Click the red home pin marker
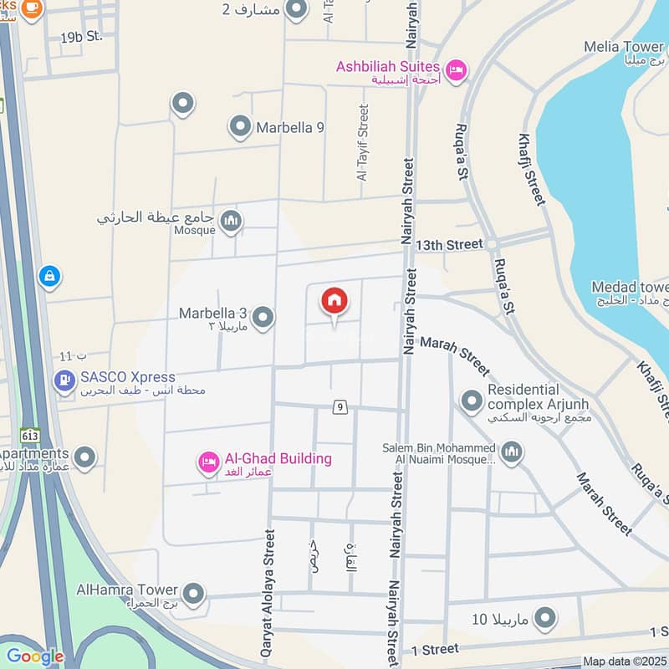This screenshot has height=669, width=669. tap(334, 301)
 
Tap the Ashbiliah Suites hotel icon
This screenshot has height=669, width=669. tap(456, 69)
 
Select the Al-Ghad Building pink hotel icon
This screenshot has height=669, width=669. tap(209, 461)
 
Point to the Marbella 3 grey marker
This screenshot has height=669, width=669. tap(263, 318)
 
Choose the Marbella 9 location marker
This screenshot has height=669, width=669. tap(240, 128)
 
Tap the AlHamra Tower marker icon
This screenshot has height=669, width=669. tap(194, 594)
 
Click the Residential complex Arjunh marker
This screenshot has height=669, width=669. tap(472, 401)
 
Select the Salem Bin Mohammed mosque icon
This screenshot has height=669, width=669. tap(512, 453)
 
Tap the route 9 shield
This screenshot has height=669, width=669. tap(340, 407)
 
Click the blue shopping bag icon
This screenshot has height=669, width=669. tap(49, 275)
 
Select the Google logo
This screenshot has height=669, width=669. tap(34, 656)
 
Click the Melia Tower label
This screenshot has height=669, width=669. tap(624, 47)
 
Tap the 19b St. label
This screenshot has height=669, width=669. tap(80, 38)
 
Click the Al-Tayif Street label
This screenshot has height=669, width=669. tap(363, 142)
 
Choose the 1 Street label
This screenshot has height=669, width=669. tap(435, 649)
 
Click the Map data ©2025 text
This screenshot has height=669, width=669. tap(623, 661)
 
